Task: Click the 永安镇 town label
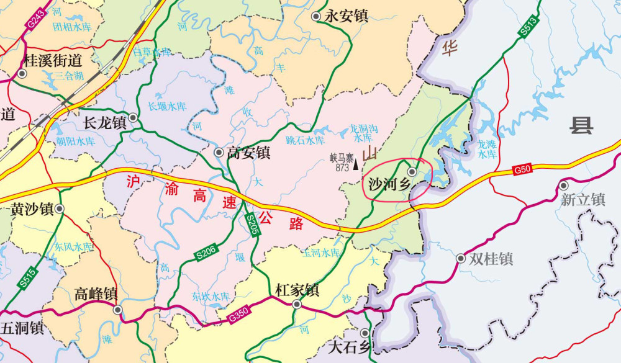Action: point(347,17)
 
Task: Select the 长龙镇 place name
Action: point(104,122)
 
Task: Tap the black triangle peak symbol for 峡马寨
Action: point(356,165)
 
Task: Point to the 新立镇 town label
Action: point(582,199)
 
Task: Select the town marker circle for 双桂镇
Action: point(460,258)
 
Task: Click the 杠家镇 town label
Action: point(297,290)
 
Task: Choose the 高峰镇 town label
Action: point(96,294)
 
